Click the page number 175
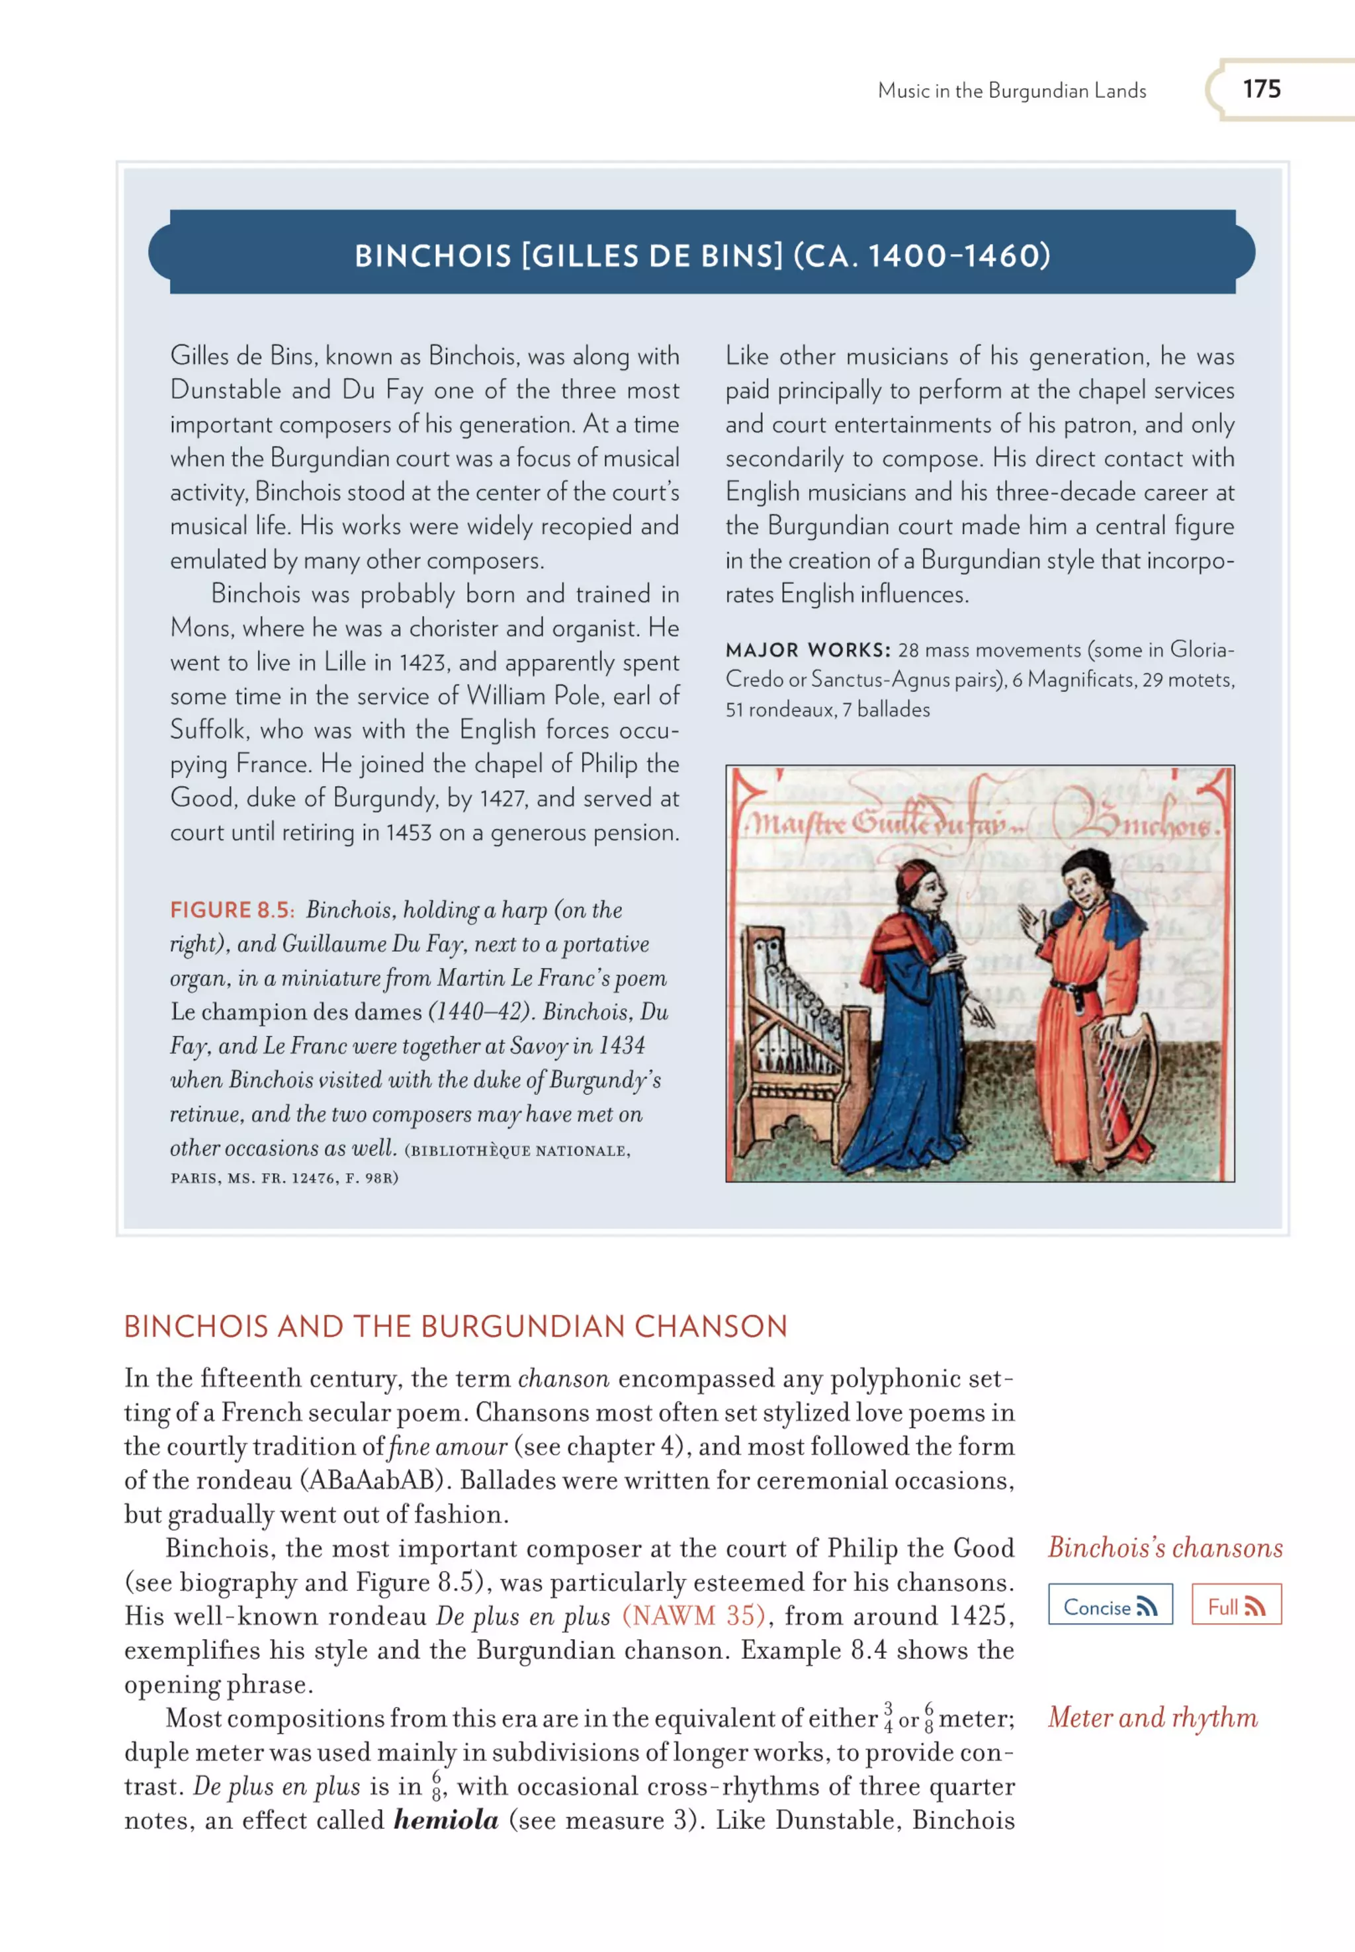point(1261,89)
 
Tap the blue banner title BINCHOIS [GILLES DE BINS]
point(702,255)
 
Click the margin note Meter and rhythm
point(1152,1717)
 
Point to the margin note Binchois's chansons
point(1165,1547)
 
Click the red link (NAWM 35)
point(693,1615)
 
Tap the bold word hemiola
point(446,1820)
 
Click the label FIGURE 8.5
point(231,910)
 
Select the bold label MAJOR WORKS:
point(807,650)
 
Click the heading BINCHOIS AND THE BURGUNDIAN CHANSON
point(456,1326)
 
